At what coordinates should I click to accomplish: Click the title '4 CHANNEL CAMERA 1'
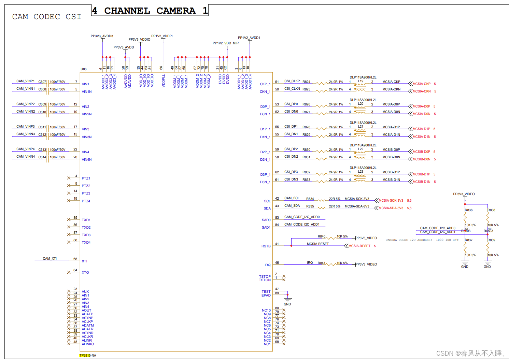(150, 11)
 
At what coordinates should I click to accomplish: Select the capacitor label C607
(42, 82)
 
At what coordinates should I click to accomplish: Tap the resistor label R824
(306, 82)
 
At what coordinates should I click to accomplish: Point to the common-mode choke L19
(360, 82)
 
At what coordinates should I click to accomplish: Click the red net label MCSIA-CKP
(421, 84)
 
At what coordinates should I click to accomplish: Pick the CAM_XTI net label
(50, 259)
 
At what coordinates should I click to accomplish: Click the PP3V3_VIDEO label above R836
(464, 194)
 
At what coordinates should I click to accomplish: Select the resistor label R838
(491, 210)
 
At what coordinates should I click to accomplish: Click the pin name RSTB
(266, 246)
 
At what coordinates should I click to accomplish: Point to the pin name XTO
(85, 273)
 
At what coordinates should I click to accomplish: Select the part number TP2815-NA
(88, 356)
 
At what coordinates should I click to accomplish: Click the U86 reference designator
(84, 69)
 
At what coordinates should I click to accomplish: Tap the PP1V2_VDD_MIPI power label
(226, 43)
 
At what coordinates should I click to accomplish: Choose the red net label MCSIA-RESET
(359, 246)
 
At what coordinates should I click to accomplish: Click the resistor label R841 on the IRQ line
(322, 263)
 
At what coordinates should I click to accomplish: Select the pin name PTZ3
(86, 193)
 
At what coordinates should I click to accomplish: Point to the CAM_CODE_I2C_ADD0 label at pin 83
(302, 217)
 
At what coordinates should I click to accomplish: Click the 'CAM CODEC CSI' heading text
(47, 17)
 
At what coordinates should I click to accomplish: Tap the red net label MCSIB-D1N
(421, 182)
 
